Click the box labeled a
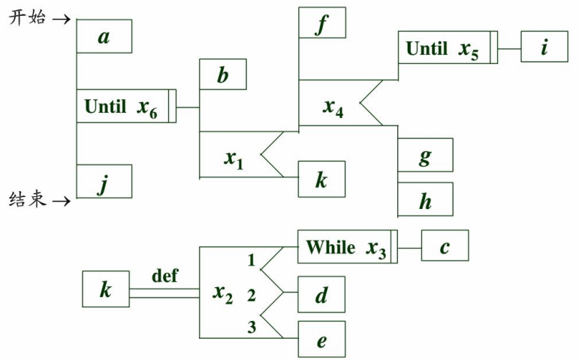[104, 36]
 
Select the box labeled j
[104, 181]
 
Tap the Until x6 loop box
[125, 106]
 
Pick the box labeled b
[222, 75]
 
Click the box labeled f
[321, 23]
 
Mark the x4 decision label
[333, 107]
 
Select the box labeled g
[425, 155]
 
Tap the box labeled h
[425, 199]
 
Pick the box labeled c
[445, 246]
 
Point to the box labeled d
[321, 294]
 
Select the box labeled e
[321, 339]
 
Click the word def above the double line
[164, 276]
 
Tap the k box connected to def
[105, 289]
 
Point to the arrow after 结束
[62, 200]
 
